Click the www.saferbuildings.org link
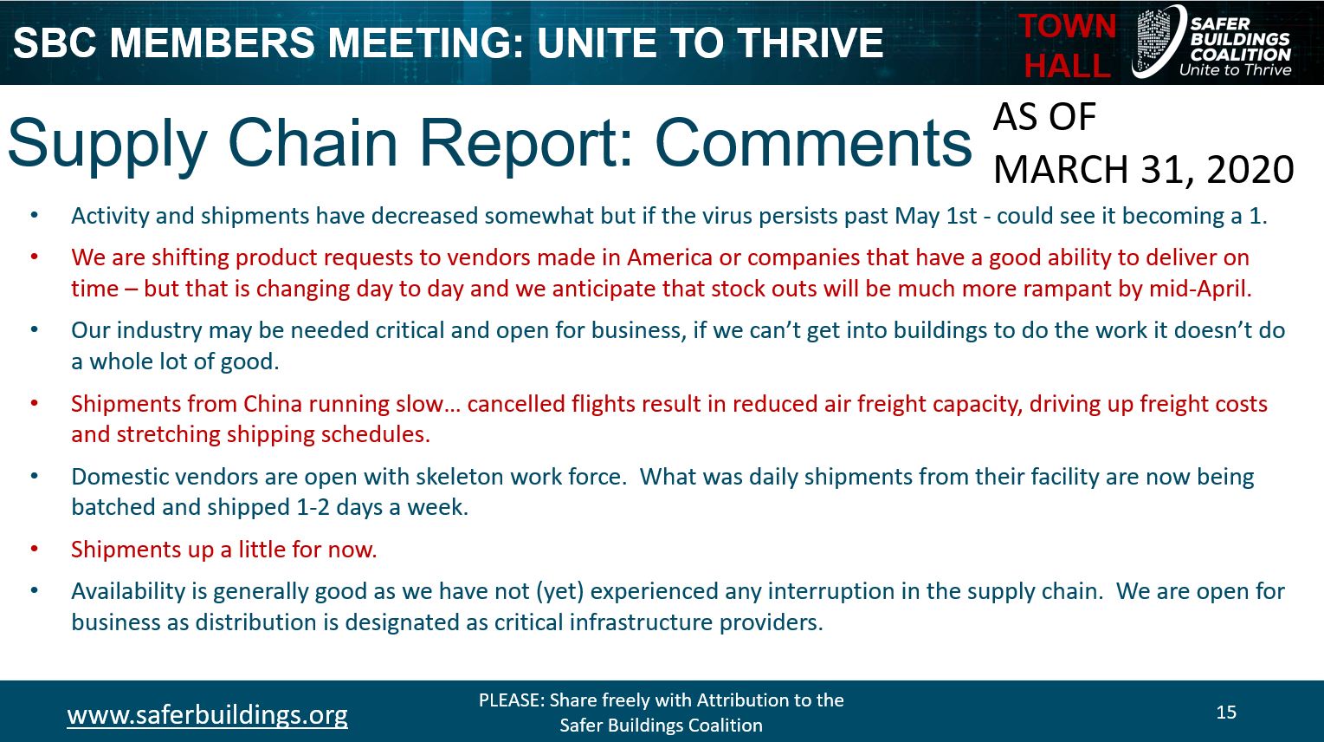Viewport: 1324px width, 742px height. (x=207, y=715)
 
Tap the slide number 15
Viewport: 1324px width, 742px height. (x=1226, y=712)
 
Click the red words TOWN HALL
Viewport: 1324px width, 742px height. (x=1068, y=45)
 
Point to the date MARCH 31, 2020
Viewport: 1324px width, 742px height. (x=1144, y=169)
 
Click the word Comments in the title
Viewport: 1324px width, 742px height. (x=813, y=143)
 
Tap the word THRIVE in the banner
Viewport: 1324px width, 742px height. (x=811, y=42)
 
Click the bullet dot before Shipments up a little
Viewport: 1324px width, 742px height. (x=35, y=550)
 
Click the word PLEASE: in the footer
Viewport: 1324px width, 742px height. (x=511, y=700)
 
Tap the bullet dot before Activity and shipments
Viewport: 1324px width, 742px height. (x=35, y=216)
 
